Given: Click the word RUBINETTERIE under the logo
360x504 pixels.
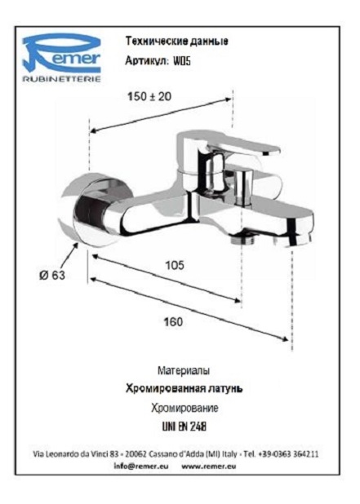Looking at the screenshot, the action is pos(61,79).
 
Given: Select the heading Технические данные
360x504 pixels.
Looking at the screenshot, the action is pos(176,41).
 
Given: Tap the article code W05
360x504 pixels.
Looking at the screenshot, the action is pos(182,60).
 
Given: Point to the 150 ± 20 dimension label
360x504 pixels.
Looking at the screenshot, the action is pos(149,96).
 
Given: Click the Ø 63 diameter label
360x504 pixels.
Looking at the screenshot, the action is pos(52,275).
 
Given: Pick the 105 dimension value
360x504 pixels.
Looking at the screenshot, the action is pos(175,265).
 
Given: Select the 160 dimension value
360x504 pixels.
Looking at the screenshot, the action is pos(173,322).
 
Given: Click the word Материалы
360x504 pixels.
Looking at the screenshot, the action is pos(184,370).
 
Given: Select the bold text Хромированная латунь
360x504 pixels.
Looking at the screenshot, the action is pos(184,389).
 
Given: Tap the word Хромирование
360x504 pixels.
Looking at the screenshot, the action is pos(184,409).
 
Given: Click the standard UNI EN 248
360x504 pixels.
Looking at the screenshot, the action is pos(184,427).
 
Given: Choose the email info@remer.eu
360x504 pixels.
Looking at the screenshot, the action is pos(141,466).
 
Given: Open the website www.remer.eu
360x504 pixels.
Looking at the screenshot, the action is pos(209,466).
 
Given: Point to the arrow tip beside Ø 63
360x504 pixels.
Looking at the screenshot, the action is pos(78,243).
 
